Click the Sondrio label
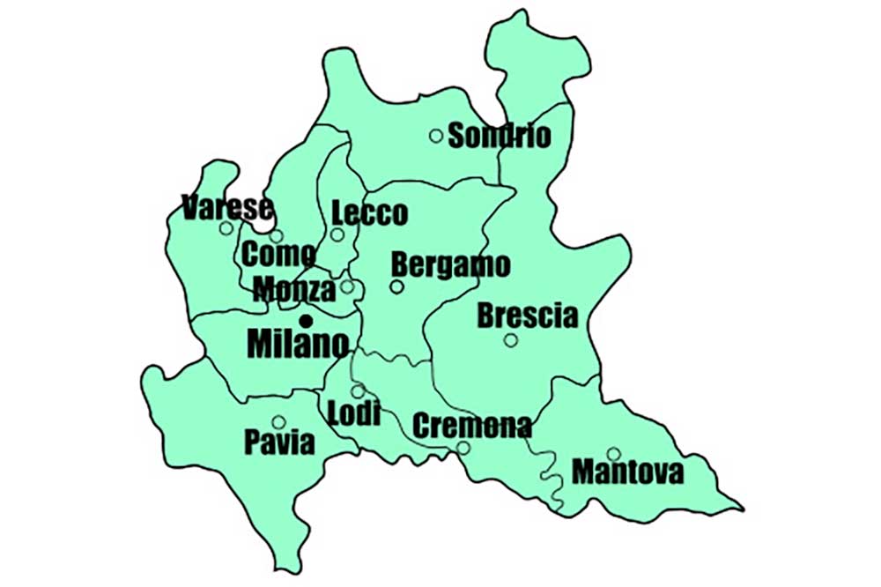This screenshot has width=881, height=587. (500, 136)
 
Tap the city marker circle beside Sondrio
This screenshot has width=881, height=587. (436, 135)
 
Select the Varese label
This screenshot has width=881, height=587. (226, 208)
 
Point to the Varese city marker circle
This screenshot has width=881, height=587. (226, 228)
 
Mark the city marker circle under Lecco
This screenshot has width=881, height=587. (337, 234)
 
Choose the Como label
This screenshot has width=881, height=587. (278, 255)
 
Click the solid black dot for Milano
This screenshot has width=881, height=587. (306, 320)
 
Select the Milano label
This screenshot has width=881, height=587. (298, 344)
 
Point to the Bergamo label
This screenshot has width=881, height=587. (451, 264)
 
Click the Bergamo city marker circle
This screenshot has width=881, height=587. (397, 286)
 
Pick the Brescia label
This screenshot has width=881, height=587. (528, 316)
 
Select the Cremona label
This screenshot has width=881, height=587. (472, 427)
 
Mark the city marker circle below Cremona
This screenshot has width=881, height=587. (463, 448)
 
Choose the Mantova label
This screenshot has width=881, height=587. (628, 472)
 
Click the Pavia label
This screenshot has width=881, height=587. (280, 442)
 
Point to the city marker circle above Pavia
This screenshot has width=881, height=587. (278, 422)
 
